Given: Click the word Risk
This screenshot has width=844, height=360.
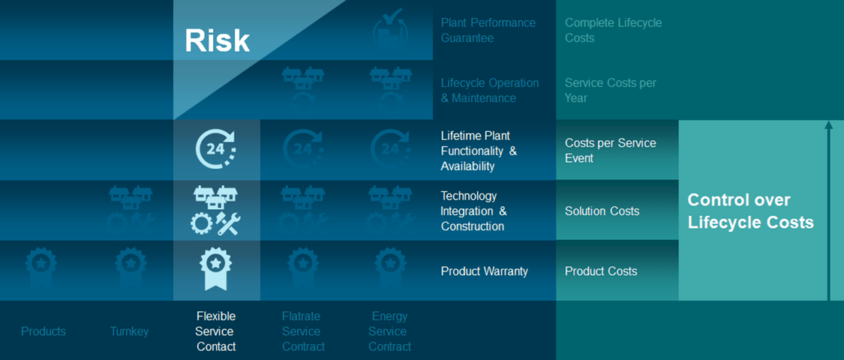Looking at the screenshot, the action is [217, 40].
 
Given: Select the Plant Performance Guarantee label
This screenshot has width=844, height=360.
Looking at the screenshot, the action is [488, 31].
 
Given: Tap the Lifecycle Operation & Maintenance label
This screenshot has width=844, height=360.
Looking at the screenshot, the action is [490, 91].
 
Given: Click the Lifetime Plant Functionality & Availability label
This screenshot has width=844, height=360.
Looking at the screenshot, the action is [479, 151].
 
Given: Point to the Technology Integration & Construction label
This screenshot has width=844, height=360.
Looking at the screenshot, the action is [473, 211].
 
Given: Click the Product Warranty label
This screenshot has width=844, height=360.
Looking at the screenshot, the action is [485, 271].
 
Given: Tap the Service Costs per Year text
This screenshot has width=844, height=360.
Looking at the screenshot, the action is [611, 91].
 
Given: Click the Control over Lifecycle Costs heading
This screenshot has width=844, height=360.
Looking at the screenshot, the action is [751, 211].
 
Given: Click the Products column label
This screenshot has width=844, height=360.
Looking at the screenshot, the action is [43, 331].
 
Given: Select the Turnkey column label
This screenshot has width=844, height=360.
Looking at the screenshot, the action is [129, 331].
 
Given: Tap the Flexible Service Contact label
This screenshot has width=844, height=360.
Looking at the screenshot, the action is [216, 331].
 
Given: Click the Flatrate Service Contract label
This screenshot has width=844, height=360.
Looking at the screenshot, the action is [303, 331].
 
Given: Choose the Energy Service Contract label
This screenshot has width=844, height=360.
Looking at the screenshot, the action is [389, 331].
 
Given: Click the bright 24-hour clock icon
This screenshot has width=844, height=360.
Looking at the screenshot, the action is [215, 149].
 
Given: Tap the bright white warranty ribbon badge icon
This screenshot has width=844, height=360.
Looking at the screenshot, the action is [216, 268].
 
